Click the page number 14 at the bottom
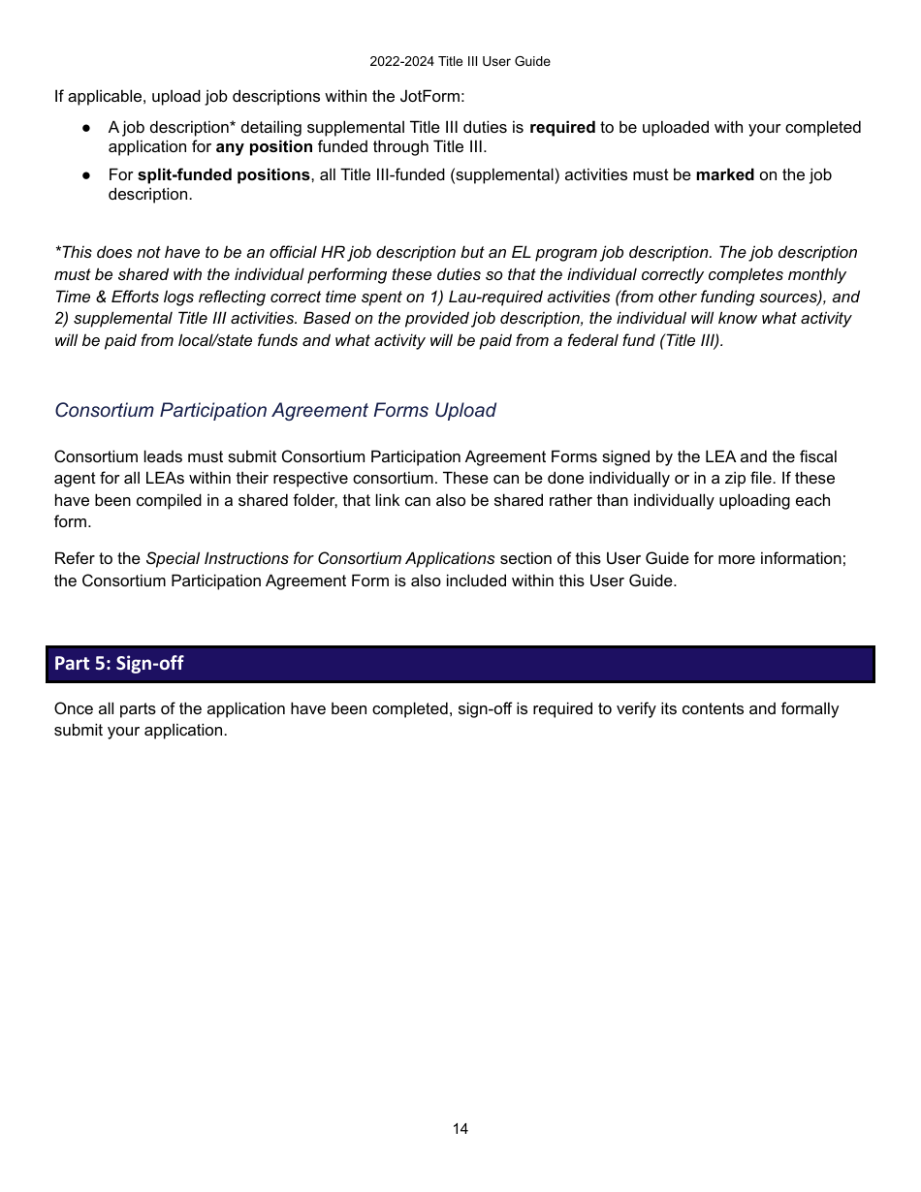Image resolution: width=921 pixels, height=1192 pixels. [x=460, y=1129]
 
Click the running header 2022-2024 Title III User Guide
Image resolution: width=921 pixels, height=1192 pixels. [x=460, y=61]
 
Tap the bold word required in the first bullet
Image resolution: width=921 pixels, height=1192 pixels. [x=562, y=128]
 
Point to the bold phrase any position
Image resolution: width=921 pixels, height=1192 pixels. [x=264, y=147]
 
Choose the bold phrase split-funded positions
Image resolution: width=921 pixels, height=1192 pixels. [x=224, y=175]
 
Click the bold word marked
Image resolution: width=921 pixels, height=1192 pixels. [x=724, y=175]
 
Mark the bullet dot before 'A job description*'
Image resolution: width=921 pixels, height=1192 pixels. [x=86, y=128]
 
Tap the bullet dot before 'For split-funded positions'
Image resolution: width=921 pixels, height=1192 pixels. [x=86, y=175]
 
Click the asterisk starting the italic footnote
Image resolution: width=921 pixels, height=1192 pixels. [x=57, y=252]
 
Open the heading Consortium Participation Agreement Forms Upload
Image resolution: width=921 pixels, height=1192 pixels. [x=275, y=410]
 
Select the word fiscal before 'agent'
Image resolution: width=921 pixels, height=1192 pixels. [x=817, y=456]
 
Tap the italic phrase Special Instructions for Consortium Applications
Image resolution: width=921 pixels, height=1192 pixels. [x=320, y=559]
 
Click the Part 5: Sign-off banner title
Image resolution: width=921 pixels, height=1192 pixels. [x=119, y=664]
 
